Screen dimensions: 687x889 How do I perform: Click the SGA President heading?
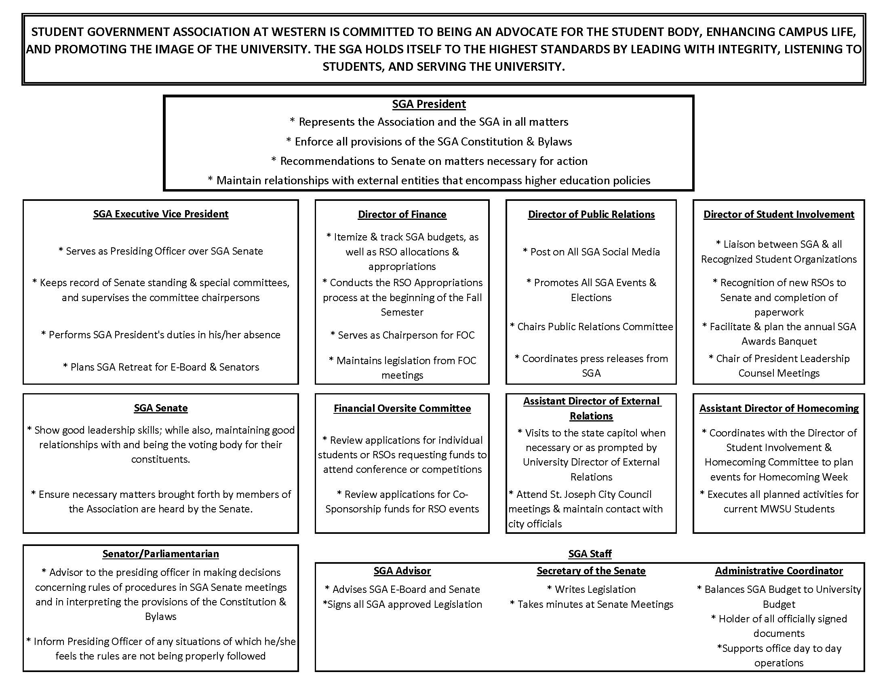click(x=429, y=104)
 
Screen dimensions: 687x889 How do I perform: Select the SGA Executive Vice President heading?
click(x=161, y=214)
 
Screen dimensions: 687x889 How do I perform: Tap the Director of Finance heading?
click(x=402, y=215)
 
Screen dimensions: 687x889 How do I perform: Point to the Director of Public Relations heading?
click(x=591, y=215)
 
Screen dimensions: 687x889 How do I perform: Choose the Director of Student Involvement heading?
click(x=779, y=215)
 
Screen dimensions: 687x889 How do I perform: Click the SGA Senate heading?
click(x=161, y=408)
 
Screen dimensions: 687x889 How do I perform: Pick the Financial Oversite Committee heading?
click(x=402, y=409)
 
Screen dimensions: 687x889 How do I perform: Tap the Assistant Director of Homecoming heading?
click(x=779, y=409)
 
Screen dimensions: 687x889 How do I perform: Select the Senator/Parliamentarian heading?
click(x=161, y=554)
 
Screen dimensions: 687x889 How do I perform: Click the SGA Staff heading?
click(x=590, y=554)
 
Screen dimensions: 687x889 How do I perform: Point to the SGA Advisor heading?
click(x=402, y=571)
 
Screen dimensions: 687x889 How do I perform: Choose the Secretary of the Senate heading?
click(x=591, y=571)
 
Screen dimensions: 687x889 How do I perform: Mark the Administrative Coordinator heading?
click(x=779, y=571)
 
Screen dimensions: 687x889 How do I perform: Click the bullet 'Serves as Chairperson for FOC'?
click(x=402, y=335)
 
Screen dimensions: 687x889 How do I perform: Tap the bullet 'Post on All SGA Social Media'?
click(x=591, y=252)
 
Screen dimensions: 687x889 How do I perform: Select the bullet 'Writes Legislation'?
click(x=591, y=589)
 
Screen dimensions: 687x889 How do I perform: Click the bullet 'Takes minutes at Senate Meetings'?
click(x=592, y=605)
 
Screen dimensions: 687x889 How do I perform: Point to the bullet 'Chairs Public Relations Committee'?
click(x=592, y=327)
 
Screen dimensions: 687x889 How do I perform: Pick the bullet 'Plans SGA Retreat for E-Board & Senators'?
click(x=161, y=367)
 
